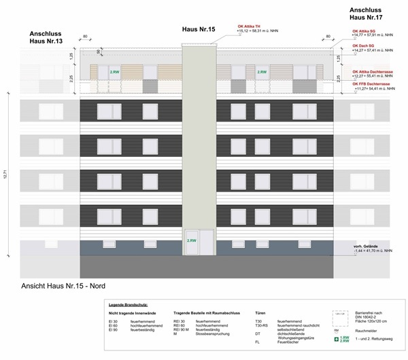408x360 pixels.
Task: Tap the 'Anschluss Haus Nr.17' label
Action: (x=370, y=14)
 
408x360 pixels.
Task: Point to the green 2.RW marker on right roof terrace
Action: (x=260, y=71)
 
